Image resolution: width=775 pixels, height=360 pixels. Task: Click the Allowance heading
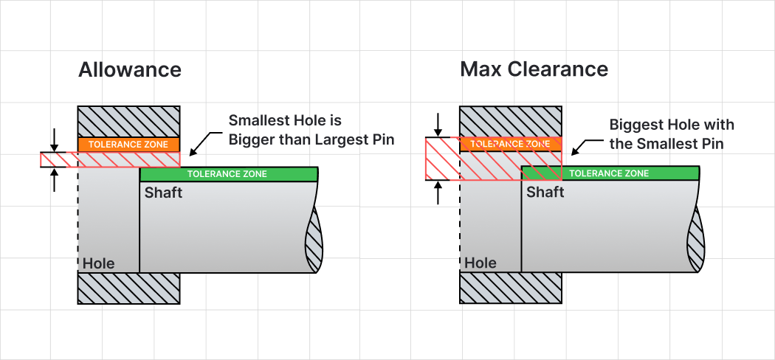[129, 69]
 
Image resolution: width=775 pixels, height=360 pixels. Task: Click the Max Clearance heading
[534, 69]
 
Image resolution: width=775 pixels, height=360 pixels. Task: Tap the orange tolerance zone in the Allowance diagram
[128, 145]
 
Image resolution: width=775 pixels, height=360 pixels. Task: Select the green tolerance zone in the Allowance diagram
[228, 174]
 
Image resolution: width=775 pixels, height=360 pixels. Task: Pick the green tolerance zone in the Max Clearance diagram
[610, 173]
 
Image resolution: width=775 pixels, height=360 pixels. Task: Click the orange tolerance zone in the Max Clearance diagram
[511, 144]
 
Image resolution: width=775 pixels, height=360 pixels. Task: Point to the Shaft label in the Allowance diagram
[163, 193]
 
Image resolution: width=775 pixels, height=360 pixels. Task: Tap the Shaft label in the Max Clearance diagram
[545, 192]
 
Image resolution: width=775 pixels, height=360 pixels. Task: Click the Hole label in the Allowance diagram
[98, 263]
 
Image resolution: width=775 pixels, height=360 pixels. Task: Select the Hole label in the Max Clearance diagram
[480, 263]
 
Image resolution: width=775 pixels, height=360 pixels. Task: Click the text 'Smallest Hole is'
[285, 120]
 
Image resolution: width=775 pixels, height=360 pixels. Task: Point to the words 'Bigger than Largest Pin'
[311, 139]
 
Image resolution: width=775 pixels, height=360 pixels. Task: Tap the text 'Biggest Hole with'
[672, 125]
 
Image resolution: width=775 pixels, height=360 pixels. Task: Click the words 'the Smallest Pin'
[666, 144]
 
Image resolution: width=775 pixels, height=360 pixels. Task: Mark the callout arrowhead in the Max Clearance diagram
[575, 148]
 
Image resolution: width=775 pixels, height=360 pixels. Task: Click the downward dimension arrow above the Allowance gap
[55, 140]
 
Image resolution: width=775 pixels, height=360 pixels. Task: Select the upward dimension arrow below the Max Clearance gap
[438, 192]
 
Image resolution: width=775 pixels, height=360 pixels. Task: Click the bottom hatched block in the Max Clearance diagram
[511, 288]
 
